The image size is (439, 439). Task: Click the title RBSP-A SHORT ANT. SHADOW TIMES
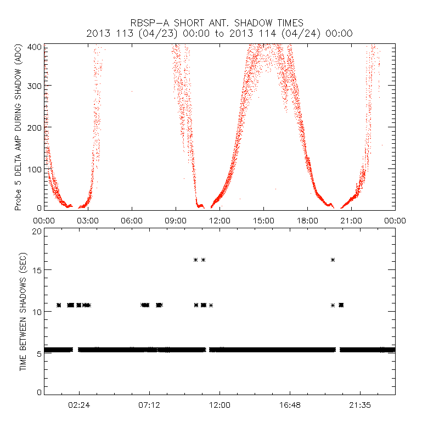[217, 23]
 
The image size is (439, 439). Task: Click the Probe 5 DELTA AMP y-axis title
[18, 127]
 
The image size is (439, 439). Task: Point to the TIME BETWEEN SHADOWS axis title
[23, 312]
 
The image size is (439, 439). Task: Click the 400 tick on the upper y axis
[35, 46]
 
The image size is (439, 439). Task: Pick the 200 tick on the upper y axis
[35, 127]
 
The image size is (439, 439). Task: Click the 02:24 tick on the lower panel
[79, 406]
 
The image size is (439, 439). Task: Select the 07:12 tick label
[149, 406]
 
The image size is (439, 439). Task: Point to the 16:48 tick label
[290, 406]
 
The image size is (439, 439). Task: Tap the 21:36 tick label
[360, 406]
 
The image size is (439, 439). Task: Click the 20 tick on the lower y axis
[37, 231]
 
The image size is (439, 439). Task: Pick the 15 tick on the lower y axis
[37, 270]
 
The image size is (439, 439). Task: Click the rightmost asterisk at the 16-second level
[333, 260]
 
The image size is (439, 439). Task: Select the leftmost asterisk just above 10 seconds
[59, 305]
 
